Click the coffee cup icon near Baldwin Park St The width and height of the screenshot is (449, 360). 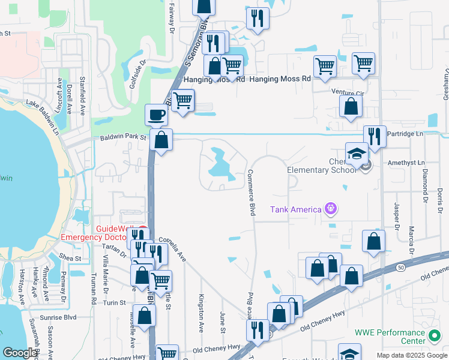[157, 115]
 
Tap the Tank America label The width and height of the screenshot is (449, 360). [295, 209]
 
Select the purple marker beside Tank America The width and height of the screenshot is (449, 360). [330, 208]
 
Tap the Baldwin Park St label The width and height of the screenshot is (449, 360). [122, 138]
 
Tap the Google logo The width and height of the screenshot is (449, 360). [19, 353]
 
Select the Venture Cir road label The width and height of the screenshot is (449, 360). [348, 92]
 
